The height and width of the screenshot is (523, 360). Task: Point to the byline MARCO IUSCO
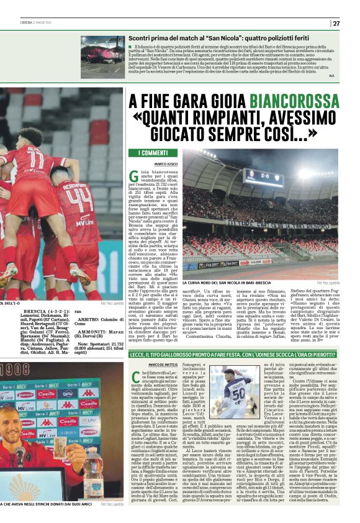(150, 163)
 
